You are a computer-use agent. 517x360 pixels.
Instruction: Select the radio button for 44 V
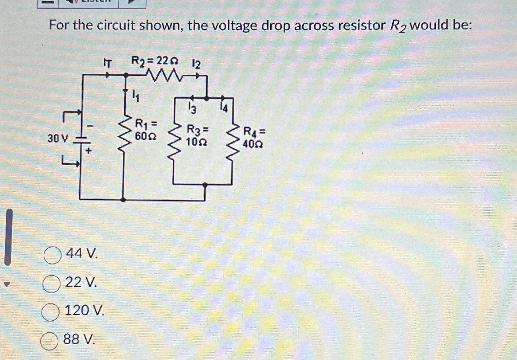tap(53, 255)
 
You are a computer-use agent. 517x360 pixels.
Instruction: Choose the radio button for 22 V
tap(51, 284)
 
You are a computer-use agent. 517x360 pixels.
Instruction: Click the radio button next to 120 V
tap(50, 312)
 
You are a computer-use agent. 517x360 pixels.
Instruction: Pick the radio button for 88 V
tap(49, 341)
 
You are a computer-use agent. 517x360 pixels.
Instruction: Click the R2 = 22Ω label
tap(155, 61)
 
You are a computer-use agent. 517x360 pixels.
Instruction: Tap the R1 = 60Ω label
tap(146, 130)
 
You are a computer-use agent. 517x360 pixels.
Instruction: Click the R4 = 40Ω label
tap(253, 138)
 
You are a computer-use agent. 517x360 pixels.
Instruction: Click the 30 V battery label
tap(57, 139)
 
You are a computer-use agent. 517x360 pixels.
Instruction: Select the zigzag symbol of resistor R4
tap(232, 142)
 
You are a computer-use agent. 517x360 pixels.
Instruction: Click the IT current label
tap(107, 63)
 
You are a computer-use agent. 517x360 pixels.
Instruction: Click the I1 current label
tap(135, 96)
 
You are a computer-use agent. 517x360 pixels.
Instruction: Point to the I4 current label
tap(224, 108)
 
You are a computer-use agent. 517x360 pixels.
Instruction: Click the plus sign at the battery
tap(88, 151)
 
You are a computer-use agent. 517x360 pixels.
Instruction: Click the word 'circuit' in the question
tap(116, 25)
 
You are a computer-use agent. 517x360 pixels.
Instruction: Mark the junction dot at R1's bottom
tap(123, 200)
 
